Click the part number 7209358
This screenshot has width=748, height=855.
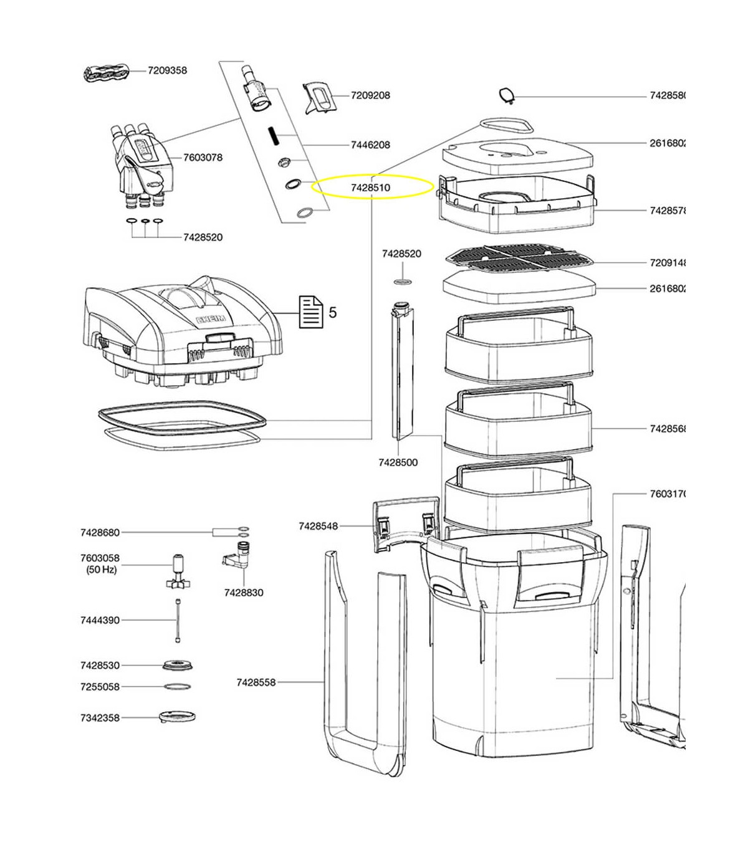167,70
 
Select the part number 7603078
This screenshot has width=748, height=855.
203,157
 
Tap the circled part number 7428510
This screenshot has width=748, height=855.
370,187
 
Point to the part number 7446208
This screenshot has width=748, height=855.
370,145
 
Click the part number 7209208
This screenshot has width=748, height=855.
370,95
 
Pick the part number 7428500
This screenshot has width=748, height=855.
398,462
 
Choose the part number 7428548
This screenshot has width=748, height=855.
318,526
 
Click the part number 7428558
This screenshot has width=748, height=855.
256,682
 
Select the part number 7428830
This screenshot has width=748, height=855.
244,593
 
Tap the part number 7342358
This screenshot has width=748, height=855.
100,718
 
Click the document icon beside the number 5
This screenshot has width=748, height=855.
312,312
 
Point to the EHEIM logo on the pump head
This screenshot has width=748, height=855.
212,320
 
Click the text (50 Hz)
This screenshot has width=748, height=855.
102,570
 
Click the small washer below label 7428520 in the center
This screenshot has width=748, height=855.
403,282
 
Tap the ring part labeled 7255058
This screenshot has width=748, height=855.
177,687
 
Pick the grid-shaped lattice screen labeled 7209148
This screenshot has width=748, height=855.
519,259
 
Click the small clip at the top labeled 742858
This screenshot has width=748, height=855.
507,95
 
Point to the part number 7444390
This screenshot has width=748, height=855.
100,620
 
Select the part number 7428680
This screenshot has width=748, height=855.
100,532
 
